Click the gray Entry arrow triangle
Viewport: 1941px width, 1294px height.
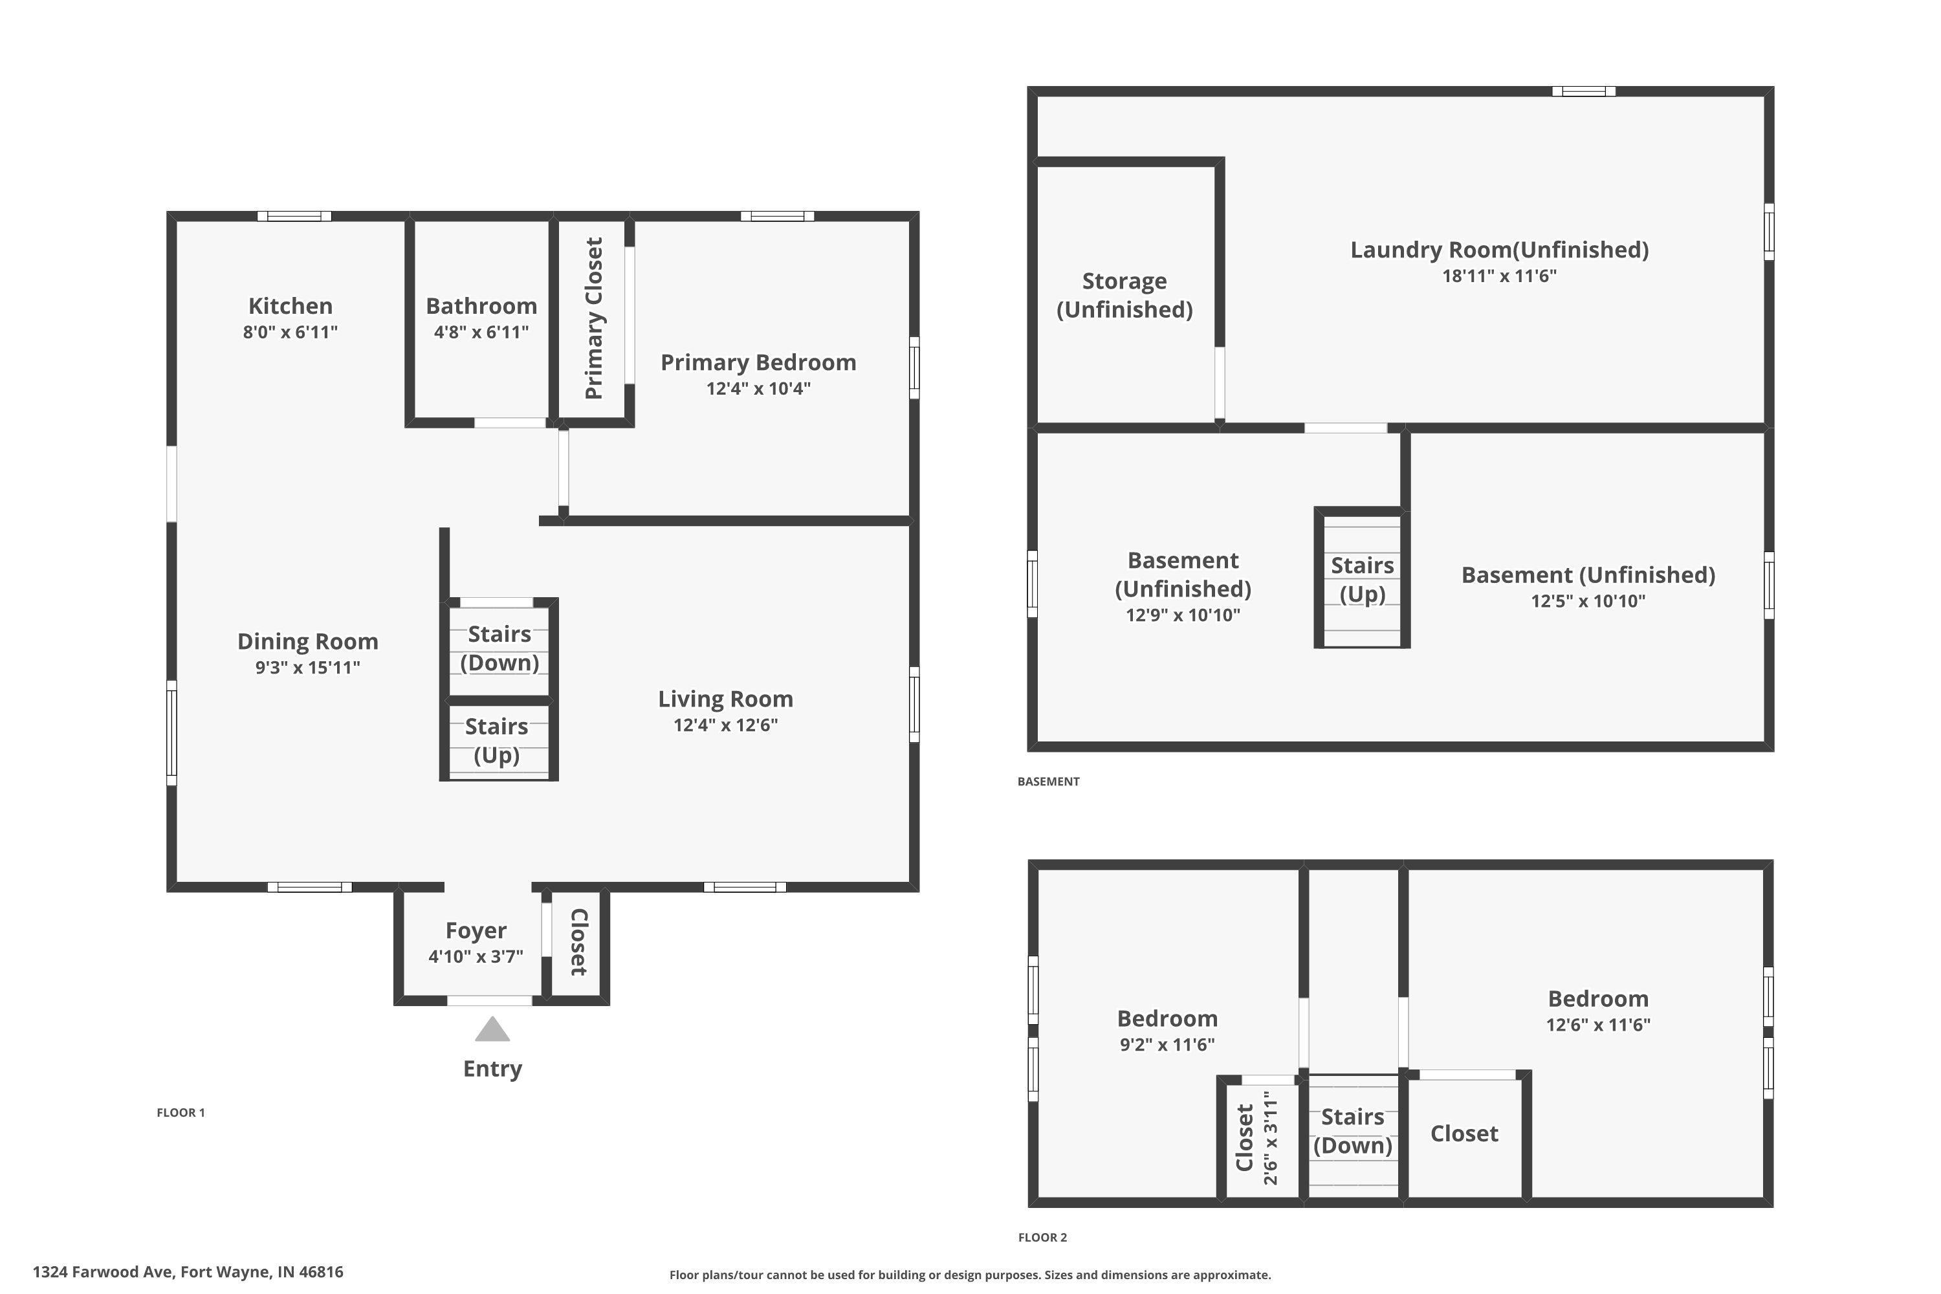[492, 1030]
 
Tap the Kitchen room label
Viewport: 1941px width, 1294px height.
[291, 306]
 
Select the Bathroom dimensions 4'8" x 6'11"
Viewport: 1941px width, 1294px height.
[481, 333]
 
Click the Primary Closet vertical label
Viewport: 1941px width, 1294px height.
[594, 318]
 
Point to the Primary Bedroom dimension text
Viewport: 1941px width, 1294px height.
[758, 389]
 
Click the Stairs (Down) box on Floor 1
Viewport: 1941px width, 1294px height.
[499, 649]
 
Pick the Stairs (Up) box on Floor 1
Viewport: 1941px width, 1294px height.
[497, 741]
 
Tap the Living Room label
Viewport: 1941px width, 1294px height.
[725, 699]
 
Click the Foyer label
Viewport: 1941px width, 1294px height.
[476, 931]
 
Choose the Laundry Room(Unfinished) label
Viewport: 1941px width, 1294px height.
[1498, 250]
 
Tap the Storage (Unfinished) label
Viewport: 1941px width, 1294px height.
[1124, 294]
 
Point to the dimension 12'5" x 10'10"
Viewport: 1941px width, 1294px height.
[1588, 602]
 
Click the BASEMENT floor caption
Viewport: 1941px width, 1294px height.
[1048, 782]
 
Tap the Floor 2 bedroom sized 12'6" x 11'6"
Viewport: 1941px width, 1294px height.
[1597, 1011]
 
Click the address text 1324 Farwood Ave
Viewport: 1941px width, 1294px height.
[188, 1272]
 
